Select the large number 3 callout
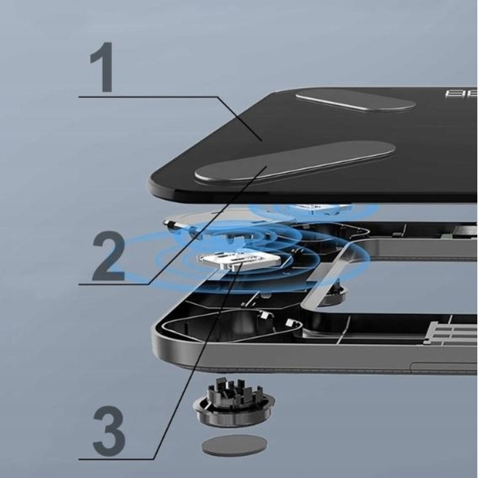click(x=109, y=429)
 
